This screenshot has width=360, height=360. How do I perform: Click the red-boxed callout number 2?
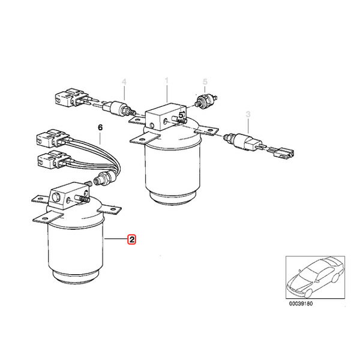pos(132,239)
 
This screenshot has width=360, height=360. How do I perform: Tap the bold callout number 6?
pos(100,127)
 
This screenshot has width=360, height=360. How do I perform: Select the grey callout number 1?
pos(166,80)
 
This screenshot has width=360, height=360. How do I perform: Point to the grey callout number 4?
pos(124,82)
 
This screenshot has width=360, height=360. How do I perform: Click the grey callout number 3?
pos(248,114)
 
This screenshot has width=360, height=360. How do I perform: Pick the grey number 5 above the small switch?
pos(205,81)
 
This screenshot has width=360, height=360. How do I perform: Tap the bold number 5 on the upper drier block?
pos(181,115)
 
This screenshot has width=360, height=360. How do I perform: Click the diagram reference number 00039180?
pos(301,304)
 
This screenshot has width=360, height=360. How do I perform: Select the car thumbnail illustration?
pos(315,277)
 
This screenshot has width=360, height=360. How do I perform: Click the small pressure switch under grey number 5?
pos(206,100)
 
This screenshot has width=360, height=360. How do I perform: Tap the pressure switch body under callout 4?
pos(119,108)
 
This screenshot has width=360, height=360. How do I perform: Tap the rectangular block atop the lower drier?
pos(69,195)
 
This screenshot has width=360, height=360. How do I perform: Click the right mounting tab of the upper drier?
pos(206,131)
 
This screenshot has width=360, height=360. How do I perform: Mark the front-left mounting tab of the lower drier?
pos(48,217)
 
